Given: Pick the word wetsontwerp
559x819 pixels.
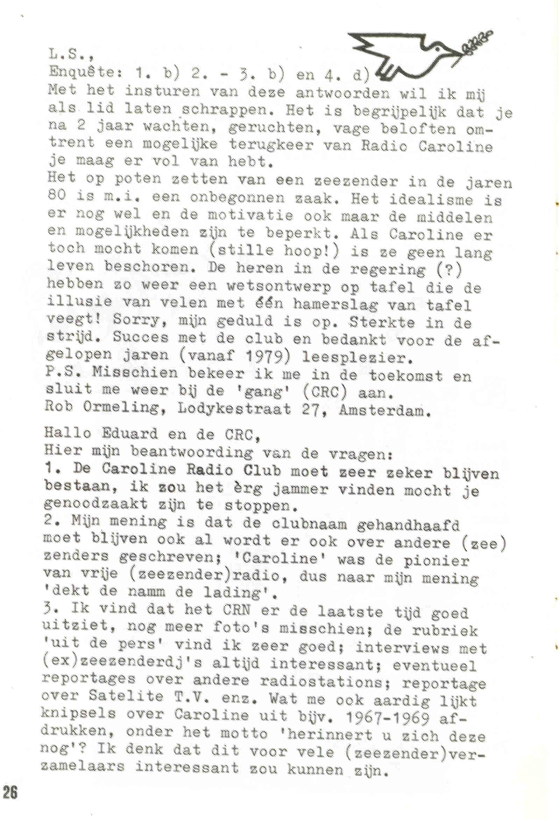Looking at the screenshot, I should coord(278,286).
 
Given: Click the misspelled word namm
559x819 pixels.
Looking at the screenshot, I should coord(147,592).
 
